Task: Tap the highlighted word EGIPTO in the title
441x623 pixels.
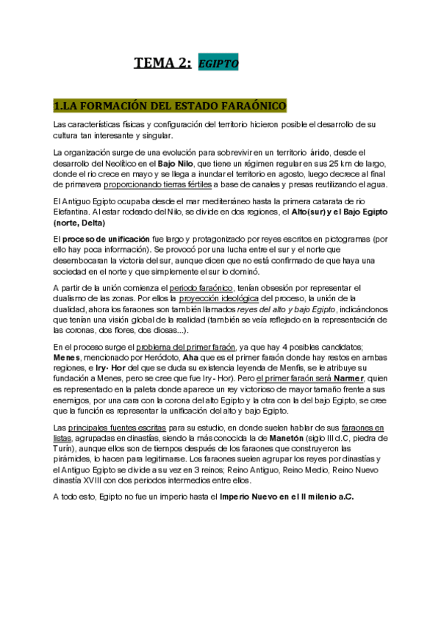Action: pos(218,64)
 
